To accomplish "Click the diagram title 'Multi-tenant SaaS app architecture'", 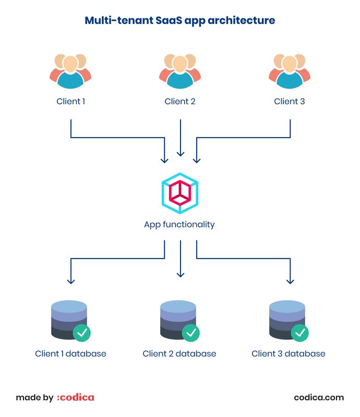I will pos(180,20).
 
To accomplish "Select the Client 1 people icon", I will pos(70,70).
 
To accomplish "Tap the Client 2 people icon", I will pos(180,70).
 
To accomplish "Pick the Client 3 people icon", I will pos(290,70).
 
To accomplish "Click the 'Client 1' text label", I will pos(70,101).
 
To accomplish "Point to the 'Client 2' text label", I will pos(180,101).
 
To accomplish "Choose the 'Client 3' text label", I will pos(290,101).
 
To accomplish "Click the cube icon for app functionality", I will pos(180,193).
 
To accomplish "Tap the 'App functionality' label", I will pos(179,225).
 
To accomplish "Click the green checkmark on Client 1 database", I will pos(82,332).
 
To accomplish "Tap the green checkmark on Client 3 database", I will pos(300,332).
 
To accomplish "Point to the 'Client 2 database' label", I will pos(179,353).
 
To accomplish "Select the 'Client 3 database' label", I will pos(289,353).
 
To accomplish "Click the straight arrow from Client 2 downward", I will pos(181,138).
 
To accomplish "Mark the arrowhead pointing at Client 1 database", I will pos(71,280).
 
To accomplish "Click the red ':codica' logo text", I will pos(76,397).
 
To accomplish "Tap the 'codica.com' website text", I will pos(319,397).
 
